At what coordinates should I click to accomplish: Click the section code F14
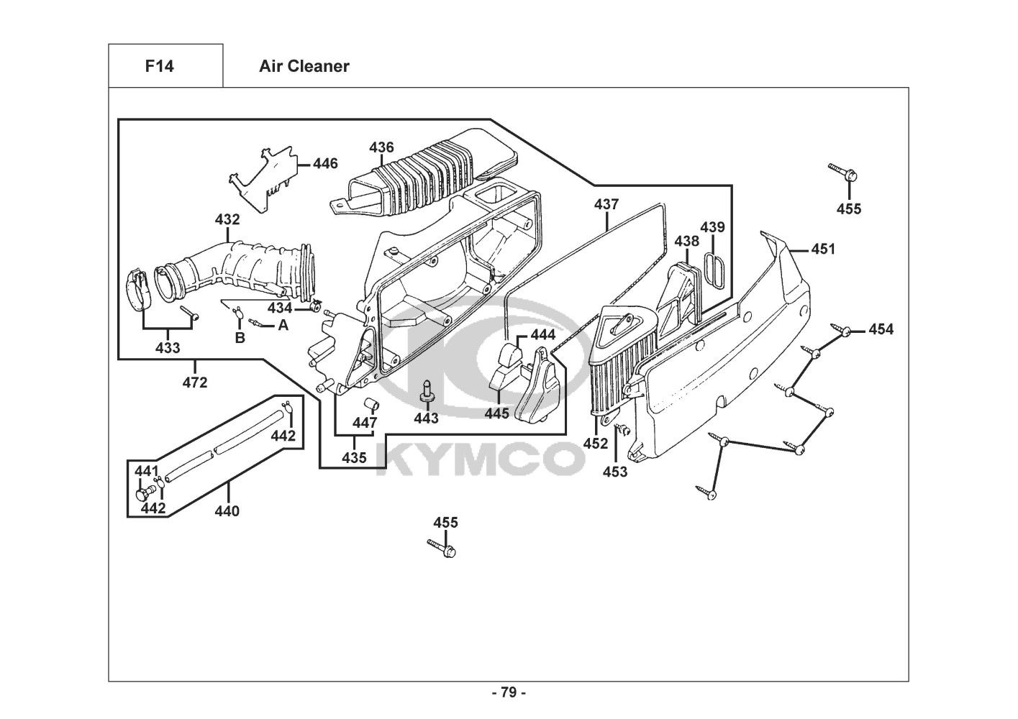[x=160, y=66]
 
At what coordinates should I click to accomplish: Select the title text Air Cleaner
[x=304, y=66]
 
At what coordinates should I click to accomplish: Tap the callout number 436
[x=381, y=147]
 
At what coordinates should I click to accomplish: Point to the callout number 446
[x=325, y=163]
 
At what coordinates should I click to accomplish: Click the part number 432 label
[x=227, y=219]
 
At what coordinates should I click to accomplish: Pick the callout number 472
[x=195, y=383]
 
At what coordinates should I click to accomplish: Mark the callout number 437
[x=606, y=204]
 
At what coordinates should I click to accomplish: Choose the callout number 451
[x=823, y=249]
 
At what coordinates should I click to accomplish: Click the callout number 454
[x=881, y=329]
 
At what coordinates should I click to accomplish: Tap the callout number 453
[x=615, y=472]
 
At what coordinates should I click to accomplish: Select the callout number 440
[x=227, y=511]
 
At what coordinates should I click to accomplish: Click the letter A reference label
[x=283, y=325]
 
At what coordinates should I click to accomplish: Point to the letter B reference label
[x=240, y=338]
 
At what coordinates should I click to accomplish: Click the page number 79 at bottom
[x=509, y=692]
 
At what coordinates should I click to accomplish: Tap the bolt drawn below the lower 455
[x=442, y=548]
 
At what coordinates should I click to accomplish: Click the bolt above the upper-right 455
[x=842, y=172]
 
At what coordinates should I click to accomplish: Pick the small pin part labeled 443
[x=426, y=391]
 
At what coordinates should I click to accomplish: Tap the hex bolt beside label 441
[x=143, y=493]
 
